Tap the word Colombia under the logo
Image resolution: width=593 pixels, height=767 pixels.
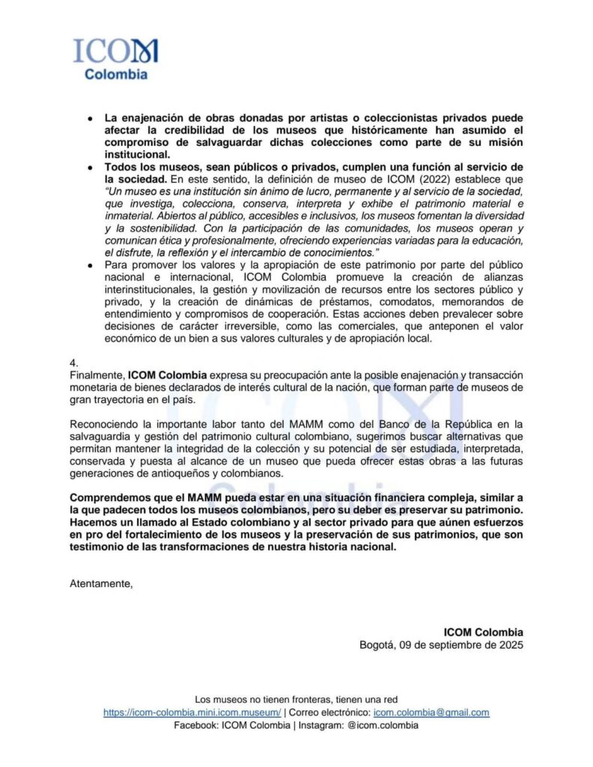point(115,74)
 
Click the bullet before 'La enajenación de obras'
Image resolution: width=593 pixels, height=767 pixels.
point(91,119)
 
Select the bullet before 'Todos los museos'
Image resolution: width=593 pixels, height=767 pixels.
point(91,166)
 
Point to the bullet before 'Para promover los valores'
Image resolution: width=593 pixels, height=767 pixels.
point(91,265)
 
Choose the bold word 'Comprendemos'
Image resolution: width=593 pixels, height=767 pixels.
point(108,499)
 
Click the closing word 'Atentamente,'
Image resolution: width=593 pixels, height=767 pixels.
point(101,583)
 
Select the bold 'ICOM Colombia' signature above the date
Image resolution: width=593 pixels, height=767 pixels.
point(483,631)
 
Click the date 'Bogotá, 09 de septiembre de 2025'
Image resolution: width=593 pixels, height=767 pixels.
point(441,644)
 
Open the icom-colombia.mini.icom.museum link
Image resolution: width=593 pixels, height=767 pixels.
point(192,712)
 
